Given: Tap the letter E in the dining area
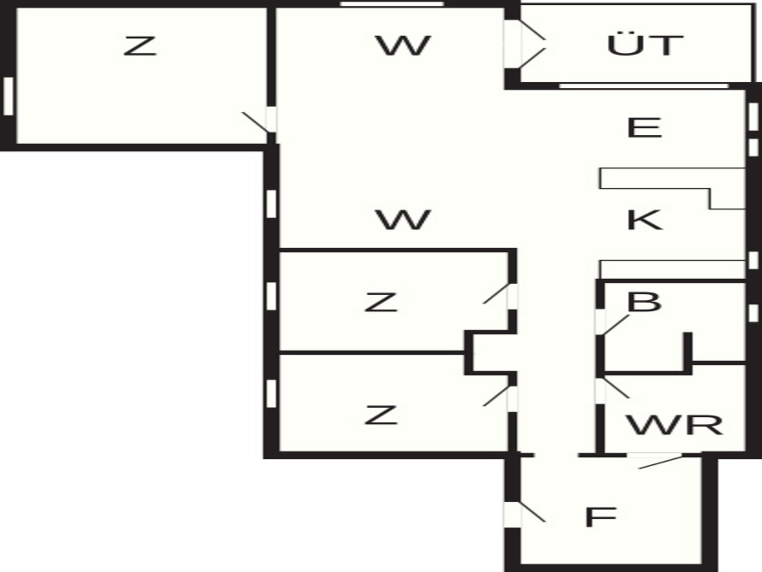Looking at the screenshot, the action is point(644,128).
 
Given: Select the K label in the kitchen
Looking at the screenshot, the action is point(645,220).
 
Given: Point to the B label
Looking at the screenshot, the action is point(644,302).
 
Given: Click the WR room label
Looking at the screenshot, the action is point(674,425).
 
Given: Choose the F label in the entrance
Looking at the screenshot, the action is point(601,517).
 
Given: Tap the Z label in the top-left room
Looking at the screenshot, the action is point(140,46).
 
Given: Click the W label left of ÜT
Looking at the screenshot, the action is point(403,45).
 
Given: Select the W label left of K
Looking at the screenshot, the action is point(403,220).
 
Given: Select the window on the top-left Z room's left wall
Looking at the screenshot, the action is point(8,97).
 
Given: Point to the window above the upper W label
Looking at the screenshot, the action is point(392,4).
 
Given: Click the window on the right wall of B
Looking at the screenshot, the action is point(753,313).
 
